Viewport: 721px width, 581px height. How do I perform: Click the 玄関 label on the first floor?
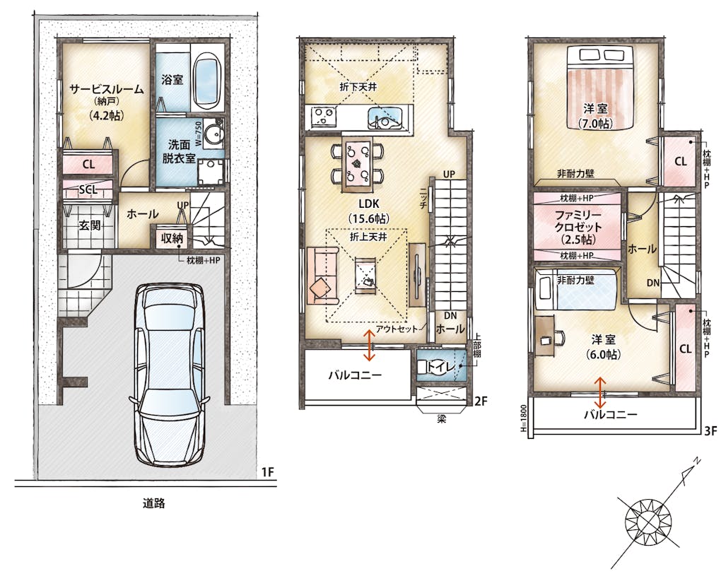(x=90, y=225)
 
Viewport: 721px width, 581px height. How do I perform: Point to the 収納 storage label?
(x=172, y=238)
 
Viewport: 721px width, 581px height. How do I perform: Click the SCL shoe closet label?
(x=88, y=190)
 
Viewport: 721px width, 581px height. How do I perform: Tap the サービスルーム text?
(x=107, y=89)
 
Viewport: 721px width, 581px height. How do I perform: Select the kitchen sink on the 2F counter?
(x=387, y=118)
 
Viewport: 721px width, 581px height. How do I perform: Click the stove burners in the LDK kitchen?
(x=324, y=117)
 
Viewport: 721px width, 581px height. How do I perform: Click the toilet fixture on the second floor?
(x=435, y=366)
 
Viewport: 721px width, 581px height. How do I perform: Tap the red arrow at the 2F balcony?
(x=369, y=345)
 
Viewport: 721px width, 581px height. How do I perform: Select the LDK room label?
(x=369, y=204)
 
